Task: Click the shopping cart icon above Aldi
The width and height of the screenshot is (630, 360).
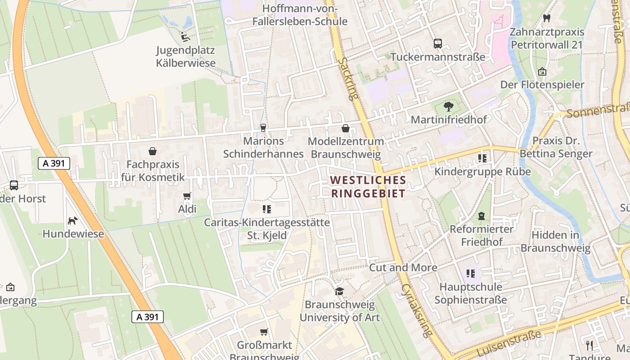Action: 187,196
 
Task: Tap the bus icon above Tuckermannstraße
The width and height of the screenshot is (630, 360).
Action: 437,43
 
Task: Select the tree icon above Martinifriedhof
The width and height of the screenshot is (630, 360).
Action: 448,107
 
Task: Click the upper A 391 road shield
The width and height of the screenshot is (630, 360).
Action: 54,163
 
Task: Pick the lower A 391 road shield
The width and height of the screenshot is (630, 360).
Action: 148,317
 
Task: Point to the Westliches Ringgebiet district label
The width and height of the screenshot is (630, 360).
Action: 368,187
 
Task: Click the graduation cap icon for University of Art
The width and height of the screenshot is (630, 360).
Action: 340,291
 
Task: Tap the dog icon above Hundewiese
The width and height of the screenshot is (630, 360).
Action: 72,220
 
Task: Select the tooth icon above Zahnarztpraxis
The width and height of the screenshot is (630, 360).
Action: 547,18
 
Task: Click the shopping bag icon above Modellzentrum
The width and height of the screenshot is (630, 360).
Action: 345,128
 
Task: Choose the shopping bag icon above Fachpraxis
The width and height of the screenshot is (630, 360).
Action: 153,151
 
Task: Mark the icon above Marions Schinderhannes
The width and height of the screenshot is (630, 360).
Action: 263,128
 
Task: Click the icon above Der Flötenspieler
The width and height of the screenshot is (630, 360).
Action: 542,72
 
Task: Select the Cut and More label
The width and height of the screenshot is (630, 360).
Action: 403,268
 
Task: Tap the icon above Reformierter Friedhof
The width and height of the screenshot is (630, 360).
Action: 481,216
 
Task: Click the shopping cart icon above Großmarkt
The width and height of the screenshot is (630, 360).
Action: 264,332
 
